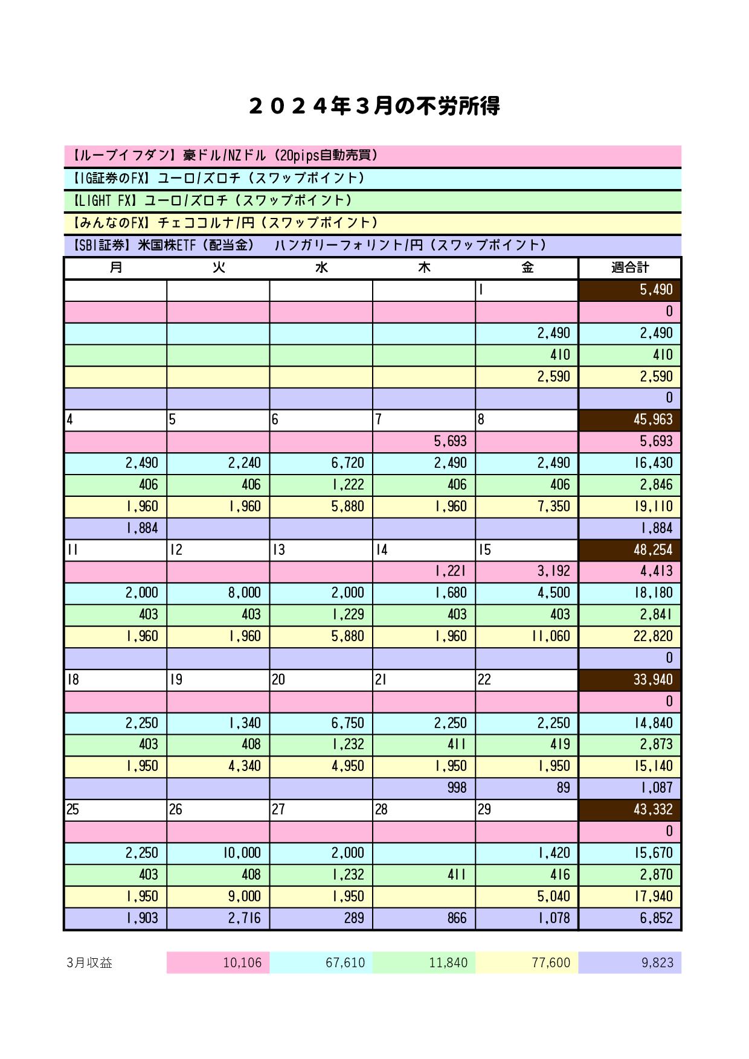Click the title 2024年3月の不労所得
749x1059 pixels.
tap(374, 106)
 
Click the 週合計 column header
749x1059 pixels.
tap(630, 267)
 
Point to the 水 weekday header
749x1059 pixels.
tap(321, 267)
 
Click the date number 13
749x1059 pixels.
tap(278, 550)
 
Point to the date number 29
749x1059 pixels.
tap(484, 810)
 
